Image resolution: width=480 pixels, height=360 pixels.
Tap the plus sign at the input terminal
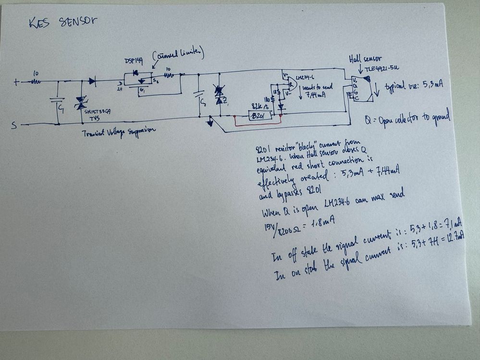(16, 82)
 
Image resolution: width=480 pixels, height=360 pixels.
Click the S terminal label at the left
(15, 125)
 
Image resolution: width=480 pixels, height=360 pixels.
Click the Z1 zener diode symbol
(220, 94)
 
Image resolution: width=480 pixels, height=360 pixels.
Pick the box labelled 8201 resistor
(259, 115)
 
